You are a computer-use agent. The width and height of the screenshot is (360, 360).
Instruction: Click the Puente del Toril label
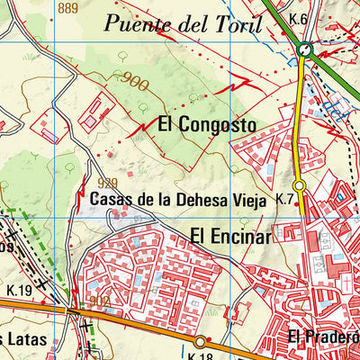[x=182, y=23]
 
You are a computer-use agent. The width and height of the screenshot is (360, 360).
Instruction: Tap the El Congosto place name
[x=207, y=124]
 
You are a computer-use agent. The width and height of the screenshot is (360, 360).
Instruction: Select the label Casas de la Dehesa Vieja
[x=192, y=202]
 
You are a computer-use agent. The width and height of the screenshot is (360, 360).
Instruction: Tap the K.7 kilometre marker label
[x=285, y=198]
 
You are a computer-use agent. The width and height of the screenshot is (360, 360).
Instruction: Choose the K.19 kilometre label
[x=19, y=290]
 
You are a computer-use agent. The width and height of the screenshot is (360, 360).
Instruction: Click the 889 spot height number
[x=67, y=9]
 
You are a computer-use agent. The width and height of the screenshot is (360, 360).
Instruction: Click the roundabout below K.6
[x=305, y=51]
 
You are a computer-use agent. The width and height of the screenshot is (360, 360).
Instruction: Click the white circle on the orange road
[x=200, y=340]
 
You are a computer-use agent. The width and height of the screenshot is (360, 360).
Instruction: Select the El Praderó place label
[x=323, y=337]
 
